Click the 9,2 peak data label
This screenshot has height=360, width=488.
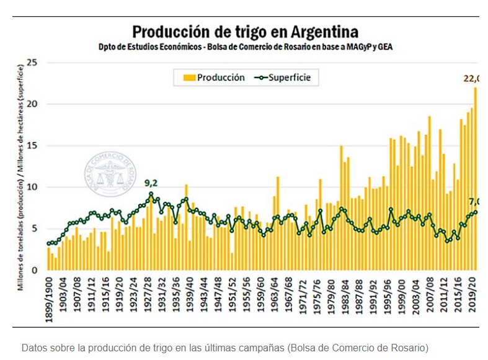151,183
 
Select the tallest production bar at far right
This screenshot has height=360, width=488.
476,180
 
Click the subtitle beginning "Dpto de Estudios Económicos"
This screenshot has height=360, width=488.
246,47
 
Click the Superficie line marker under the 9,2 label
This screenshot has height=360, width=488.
151,194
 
